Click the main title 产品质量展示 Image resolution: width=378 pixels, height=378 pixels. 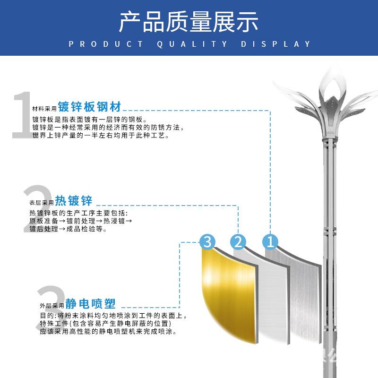click(x=189, y=22)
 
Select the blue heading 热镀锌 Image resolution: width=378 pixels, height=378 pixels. click(x=74, y=200)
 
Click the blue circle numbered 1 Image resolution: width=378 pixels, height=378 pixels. click(x=270, y=242)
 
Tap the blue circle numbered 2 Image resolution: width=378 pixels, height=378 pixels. click(x=239, y=242)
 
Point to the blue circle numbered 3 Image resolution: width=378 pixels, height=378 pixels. click(x=207, y=242)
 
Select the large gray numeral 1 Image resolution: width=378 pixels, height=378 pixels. click(x=21, y=116)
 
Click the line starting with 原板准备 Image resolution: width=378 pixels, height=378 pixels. click(x=81, y=221)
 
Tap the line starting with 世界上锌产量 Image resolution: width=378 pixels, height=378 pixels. click(x=100, y=136)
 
